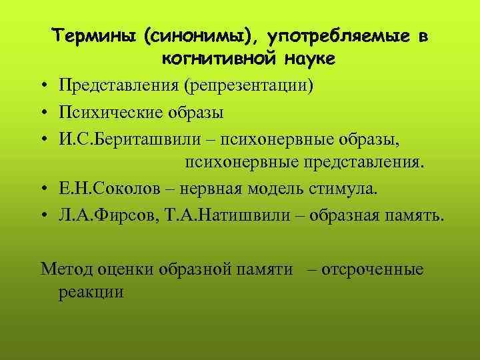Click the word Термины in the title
(x=95, y=36)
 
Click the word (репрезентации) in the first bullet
(x=249, y=87)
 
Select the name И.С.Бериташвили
(x=123, y=138)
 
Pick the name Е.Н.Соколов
(x=110, y=189)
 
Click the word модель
(x=277, y=189)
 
